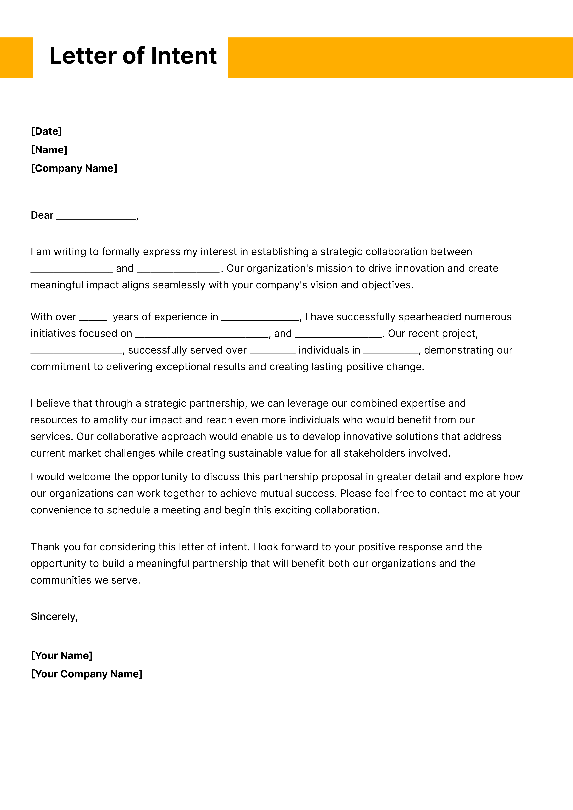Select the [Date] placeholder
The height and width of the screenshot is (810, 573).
[x=46, y=131]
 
